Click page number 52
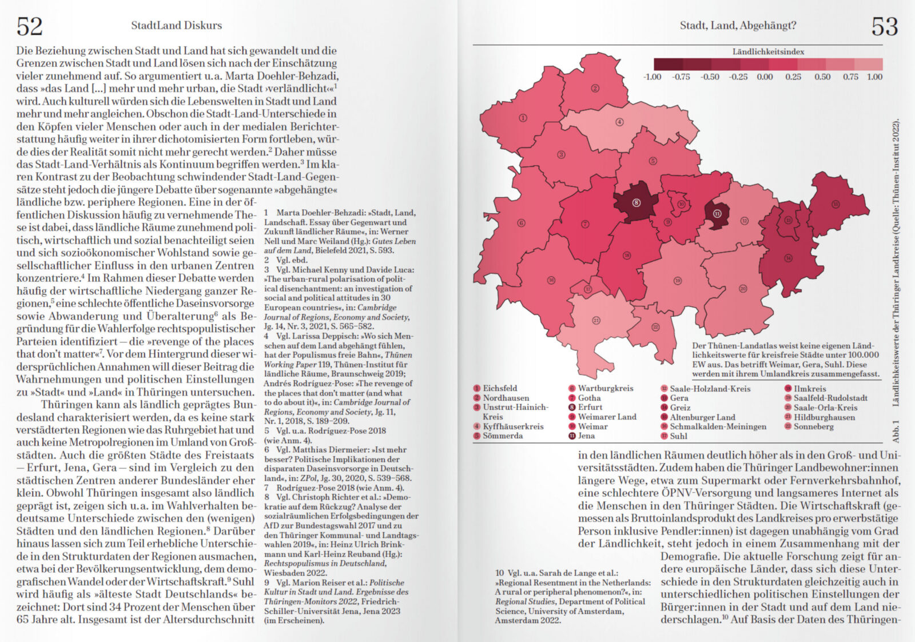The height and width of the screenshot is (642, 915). (x=29, y=26)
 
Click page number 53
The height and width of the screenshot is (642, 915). (x=884, y=26)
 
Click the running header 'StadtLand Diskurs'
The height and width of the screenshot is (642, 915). (x=176, y=25)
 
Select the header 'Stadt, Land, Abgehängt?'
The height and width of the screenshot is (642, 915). (x=738, y=25)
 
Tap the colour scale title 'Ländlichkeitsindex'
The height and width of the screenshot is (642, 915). (x=768, y=51)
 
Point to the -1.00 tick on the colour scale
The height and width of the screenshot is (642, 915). (x=652, y=77)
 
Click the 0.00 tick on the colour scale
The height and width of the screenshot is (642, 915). (x=765, y=77)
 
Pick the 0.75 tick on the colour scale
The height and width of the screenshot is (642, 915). (x=850, y=77)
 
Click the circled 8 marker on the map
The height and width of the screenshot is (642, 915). (x=636, y=202)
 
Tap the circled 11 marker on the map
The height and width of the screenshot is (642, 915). (x=717, y=213)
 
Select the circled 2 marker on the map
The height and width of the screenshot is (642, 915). (x=595, y=88)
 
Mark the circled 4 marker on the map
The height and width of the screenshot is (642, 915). (x=619, y=122)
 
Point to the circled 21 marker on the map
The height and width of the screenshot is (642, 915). (x=596, y=320)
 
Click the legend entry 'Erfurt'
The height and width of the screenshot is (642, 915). (x=590, y=407)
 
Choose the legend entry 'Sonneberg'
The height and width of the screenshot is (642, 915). (x=813, y=426)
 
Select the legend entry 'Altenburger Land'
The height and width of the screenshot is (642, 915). (x=702, y=417)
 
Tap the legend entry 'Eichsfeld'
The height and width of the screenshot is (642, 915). (x=499, y=388)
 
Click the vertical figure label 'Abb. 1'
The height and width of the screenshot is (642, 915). (x=896, y=431)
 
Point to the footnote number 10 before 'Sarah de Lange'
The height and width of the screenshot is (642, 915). (x=499, y=573)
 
